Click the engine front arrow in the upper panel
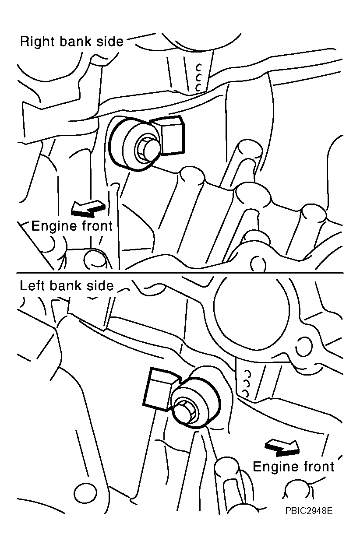coord(88,208)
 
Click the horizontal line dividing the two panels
coord(180,273)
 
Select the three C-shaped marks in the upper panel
coord(198,78)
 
